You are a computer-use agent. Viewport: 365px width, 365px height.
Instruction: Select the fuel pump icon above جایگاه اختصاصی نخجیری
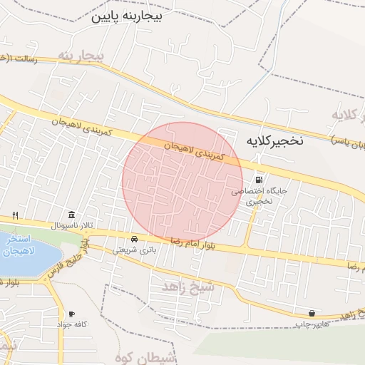[x=258, y=180]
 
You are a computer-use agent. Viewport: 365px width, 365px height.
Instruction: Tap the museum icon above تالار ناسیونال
[x=71, y=215]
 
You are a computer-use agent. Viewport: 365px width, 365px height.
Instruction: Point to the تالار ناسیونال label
[x=71, y=226]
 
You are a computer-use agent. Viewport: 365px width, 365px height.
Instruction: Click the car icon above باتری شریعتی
[x=134, y=239]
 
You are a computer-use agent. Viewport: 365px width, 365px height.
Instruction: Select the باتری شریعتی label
[x=133, y=250]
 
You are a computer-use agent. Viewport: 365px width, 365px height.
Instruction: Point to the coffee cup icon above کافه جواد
[x=71, y=314]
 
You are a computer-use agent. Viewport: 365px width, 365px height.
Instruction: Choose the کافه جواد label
[x=72, y=324]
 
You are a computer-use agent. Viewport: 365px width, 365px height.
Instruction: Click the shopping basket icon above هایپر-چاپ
[x=312, y=314]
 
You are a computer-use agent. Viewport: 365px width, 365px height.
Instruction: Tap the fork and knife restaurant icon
[x=14, y=215]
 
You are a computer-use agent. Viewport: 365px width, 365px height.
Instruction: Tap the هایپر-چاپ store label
[x=314, y=324]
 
